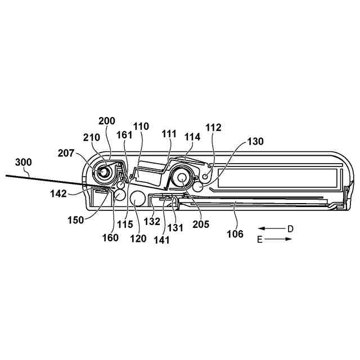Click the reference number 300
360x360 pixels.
point(24,163)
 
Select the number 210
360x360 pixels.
point(91,138)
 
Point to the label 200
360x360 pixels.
point(106,121)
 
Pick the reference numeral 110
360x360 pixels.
point(141,127)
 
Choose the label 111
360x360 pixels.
point(169,135)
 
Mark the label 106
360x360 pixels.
point(235,233)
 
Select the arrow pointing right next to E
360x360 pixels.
point(281,239)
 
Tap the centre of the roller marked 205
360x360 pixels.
point(183,178)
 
